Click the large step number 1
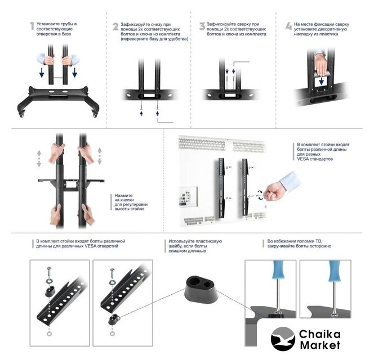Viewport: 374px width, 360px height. click(x=32, y=26)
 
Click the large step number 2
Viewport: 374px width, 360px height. click(x=115, y=26)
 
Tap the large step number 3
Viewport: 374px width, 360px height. click(x=202, y=26)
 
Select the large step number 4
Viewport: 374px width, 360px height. click(x=288, y=26)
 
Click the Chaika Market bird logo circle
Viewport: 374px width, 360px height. click(x=283, y=339)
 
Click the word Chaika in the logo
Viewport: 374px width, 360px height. click(x=319, y=334)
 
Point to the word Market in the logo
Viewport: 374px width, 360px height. click(x=320, y=345)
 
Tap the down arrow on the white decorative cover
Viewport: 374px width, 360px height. click(x=321, y=81)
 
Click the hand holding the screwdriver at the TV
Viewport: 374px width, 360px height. click(x=274, y=191)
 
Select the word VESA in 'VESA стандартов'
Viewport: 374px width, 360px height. click(x=303, y=159)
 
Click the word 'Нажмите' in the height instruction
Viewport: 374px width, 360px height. click(x=123, y=196)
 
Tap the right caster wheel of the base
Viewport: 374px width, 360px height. click(x=95, y=115)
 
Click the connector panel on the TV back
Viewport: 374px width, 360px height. click(x=188, y=196)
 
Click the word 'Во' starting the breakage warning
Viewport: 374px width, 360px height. click(x=270, y=241)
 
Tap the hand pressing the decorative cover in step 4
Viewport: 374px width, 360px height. click(x=321, y=62)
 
